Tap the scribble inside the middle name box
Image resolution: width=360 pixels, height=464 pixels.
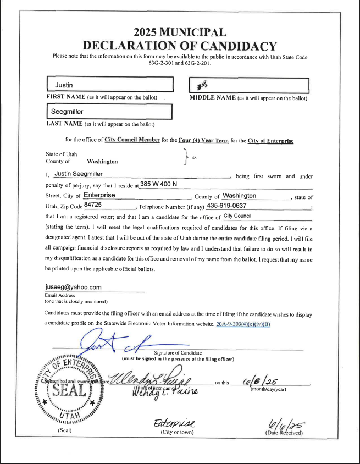point(202,85)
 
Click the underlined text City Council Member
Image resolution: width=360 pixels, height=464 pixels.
point(132,140)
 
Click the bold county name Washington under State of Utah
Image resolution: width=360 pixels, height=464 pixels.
point(102,162)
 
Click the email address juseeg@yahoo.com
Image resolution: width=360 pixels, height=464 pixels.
point(73,287)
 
